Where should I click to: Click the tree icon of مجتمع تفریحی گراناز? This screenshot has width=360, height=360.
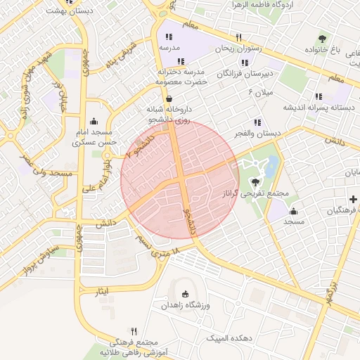(255, 181)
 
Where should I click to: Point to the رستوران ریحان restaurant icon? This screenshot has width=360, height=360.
(238, 37)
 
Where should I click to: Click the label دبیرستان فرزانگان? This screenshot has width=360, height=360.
(243, 72)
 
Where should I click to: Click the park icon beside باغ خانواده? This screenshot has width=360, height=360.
(322, 38)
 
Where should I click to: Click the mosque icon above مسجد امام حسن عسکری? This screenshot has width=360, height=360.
(94, 121)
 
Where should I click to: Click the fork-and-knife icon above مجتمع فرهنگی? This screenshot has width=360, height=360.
(134, 330)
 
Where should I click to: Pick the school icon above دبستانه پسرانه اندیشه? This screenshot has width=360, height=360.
(319, 96)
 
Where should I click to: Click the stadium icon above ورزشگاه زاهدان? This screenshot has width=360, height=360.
(185, 294)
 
